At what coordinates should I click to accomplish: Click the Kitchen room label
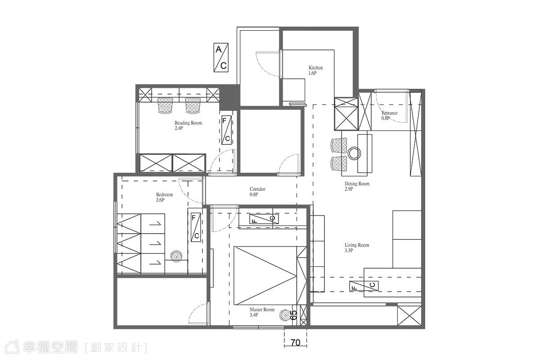[315, 70]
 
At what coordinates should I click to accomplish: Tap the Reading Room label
[188, 126]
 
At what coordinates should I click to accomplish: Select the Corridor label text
[257, 192]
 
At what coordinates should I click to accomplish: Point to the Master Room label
[262, 312]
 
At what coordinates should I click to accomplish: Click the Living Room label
[357, 247]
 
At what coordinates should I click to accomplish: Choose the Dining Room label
[357, 186]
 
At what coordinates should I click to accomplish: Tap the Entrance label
[389, 115]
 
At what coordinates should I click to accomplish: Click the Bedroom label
[164, 197]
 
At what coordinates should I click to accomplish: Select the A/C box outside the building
[221, 58]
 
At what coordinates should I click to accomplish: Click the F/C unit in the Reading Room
[227, 130]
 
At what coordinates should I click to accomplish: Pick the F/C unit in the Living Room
[364, 286]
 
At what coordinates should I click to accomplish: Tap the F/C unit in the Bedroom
[196, 227]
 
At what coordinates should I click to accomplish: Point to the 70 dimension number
[296, 342]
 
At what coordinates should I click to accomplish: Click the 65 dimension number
[294, 315]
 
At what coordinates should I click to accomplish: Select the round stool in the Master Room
[286, 315]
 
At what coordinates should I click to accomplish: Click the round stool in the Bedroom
[176, 256]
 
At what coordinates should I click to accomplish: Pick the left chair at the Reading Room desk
[166, 105]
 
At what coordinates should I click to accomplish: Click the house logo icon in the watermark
[12, 347]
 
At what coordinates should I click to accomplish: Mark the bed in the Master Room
[270, 275]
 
